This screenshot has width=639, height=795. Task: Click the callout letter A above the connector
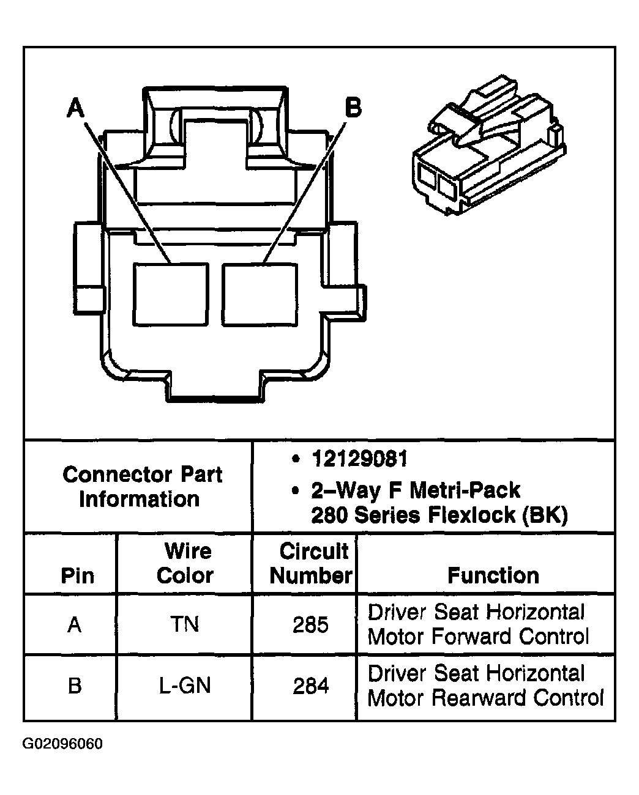(x=75, y=109)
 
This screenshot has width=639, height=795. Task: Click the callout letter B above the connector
(x=353, y=108)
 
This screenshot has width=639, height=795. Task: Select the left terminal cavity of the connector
(x=171, y=294)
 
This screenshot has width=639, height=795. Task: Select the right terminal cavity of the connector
(x=260, y=294)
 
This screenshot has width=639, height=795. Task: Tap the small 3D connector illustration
(x=487, y=152)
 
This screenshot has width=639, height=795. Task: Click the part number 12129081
(x=359, y=459)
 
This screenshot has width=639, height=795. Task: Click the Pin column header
(x=77, y=575)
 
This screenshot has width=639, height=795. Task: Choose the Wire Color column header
(x=185, y=563)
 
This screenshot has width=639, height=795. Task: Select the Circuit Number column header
(x=311, y=563)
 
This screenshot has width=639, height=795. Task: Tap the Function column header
(x=493, y=575)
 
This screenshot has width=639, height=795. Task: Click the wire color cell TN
(x=185, y=624)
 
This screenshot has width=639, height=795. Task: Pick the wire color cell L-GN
(x=185, y=686)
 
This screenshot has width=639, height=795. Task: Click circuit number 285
(x=311, y=624)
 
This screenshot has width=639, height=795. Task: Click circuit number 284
(x=311, y=686)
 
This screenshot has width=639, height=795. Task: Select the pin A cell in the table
(x=75, y=624)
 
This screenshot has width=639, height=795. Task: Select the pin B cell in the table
(x=75, y=686)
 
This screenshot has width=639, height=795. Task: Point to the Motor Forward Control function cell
(x=478, y=624)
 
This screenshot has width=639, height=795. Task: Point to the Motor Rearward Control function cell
(x=485, y=686)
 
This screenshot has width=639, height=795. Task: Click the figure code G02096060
(x=62, y=744)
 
